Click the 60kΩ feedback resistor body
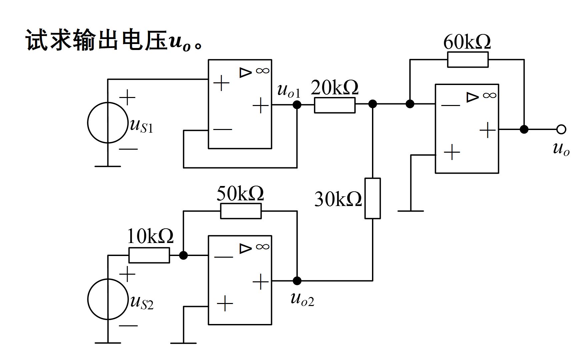(x=468, y=60)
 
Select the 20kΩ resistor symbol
(x=335, y=105)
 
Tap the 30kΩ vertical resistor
(x=373, y=198)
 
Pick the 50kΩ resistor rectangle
(x=241, y=211)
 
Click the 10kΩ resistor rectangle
(x=149, y=256)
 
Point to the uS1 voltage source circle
(x=108, y=123)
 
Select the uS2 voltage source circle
(x=108, y=299)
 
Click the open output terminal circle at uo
(x=561, y=129)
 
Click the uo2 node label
(x=302, y=299)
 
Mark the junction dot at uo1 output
(x=297, y=105)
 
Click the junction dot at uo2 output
(x=297, y=281)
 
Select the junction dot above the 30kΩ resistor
(x=373, y=104)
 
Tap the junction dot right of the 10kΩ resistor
(x=183, y=255)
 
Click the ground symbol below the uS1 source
(x=108, y=166)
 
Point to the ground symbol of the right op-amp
(x=411, y=211)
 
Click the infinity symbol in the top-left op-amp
(x=262, y=71)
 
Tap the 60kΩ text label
(x=467, y=42)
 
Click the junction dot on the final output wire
(x=524, y=129)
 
